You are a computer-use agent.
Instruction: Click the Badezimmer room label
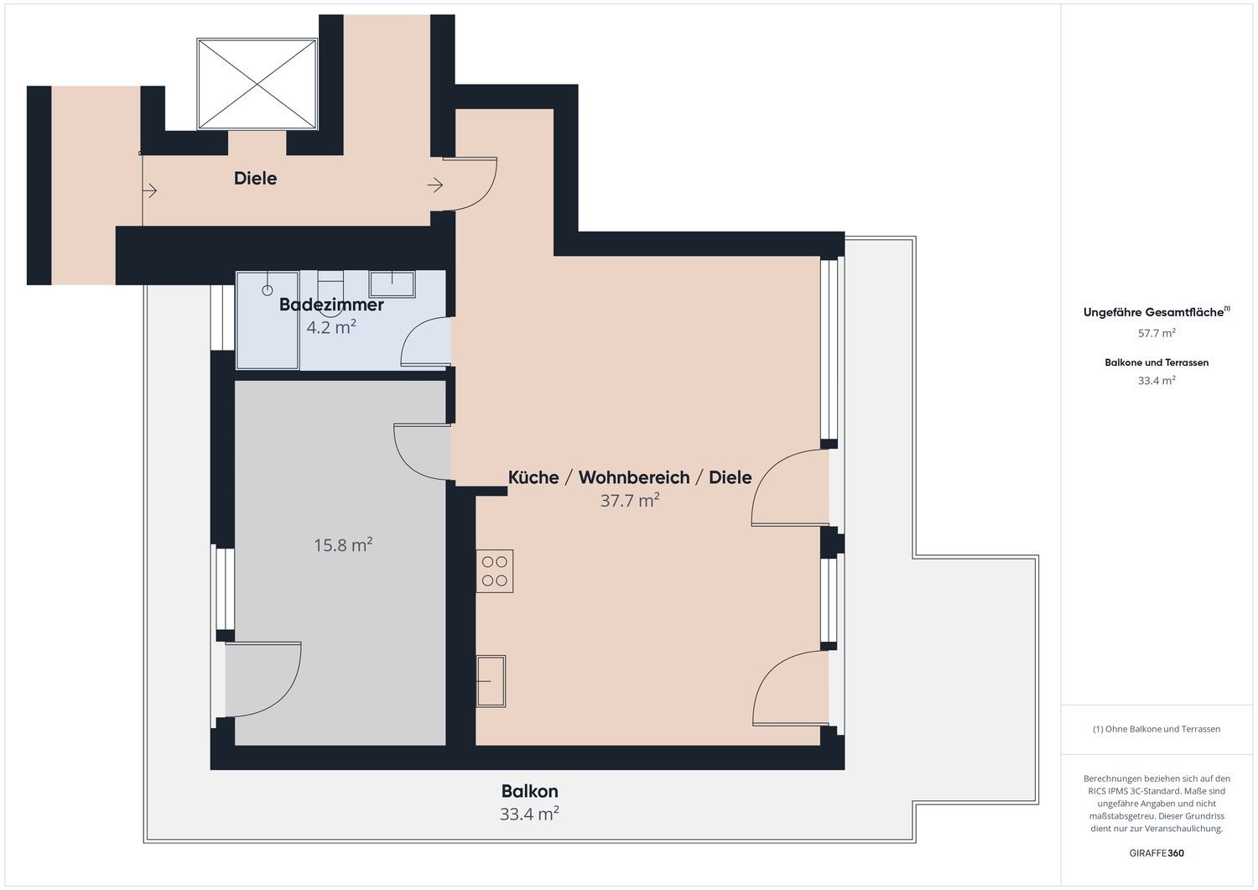(x=331, y=304)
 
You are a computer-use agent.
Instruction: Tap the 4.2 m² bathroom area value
(x=331, y=327)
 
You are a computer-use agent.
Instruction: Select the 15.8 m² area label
(x=343, y=545)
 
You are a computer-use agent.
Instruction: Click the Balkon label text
(x=529, y=791)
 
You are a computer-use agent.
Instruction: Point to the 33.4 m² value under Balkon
(x=529, y=814)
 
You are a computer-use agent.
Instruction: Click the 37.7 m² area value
(x=630, y=500)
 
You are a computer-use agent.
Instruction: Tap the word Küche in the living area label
(x=533, y=477)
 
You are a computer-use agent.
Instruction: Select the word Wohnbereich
(x=634, y=477)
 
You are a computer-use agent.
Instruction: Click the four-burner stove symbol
(x=495, y=571)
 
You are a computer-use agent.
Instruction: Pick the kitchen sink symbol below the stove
(x=491, y=681)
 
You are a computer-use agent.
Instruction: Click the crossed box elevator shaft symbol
(x=257, y=84)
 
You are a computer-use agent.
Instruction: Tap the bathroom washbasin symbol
(x=392, y=284)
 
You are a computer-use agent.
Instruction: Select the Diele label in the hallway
(x=256, y=179)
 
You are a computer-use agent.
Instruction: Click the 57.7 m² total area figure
(x=1157, y=333)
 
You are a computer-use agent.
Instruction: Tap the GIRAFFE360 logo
(x=1157, y=853)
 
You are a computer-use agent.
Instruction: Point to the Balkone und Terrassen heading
(x=1157, y=362)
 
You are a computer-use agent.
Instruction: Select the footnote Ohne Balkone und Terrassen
(x=1162, y=729)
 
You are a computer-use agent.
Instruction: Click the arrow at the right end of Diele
(x=435, y=185)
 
